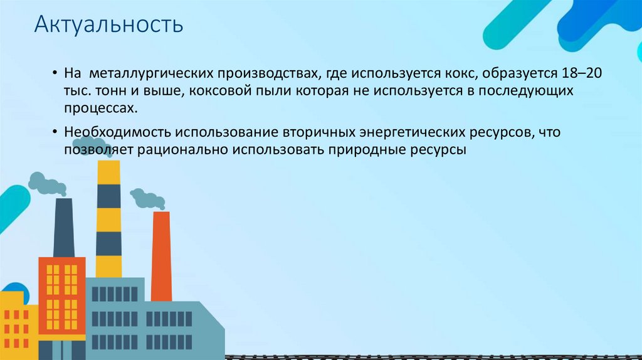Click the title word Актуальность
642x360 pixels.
coord(108,24)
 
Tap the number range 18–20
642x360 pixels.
coord(582,73)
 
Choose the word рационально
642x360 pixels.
coord(182,150)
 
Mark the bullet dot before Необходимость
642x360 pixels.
coord(55,132)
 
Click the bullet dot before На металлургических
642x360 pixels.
coord(55,73)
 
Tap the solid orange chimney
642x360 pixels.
coord(161,257)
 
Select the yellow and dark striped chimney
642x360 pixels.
coord(108,219)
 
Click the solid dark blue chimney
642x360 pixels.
coord(64,228)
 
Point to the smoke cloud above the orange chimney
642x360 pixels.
coord(147,199)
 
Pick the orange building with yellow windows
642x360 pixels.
coord(62,295)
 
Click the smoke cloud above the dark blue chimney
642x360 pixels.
coord(47,184)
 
